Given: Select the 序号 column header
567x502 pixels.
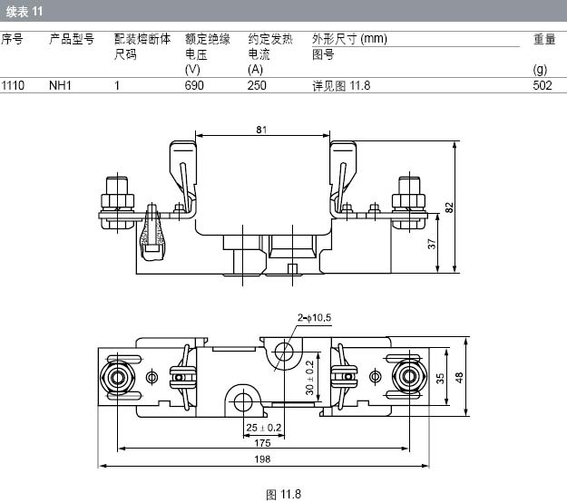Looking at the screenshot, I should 12,39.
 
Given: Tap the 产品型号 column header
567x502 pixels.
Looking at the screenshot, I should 72,39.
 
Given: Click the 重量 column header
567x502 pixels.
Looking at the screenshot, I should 543,39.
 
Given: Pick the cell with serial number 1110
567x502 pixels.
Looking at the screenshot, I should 13,85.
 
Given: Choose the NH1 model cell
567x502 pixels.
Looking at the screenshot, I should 61,85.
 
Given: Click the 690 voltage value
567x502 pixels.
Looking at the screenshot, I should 194,85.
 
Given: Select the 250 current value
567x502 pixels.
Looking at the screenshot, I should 258,85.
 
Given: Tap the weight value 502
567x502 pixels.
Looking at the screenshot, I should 543,85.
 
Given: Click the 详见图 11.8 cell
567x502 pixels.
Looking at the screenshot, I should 341,85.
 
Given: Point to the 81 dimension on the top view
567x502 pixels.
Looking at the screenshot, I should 261,130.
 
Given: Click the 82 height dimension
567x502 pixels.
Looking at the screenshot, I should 449,207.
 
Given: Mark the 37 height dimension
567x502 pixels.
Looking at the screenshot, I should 433,243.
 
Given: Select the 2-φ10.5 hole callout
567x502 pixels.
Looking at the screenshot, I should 315,317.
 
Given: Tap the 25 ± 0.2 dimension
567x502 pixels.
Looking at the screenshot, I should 263,427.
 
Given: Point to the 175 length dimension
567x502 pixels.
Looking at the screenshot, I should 262,443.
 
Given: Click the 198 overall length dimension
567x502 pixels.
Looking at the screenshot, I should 262,460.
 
